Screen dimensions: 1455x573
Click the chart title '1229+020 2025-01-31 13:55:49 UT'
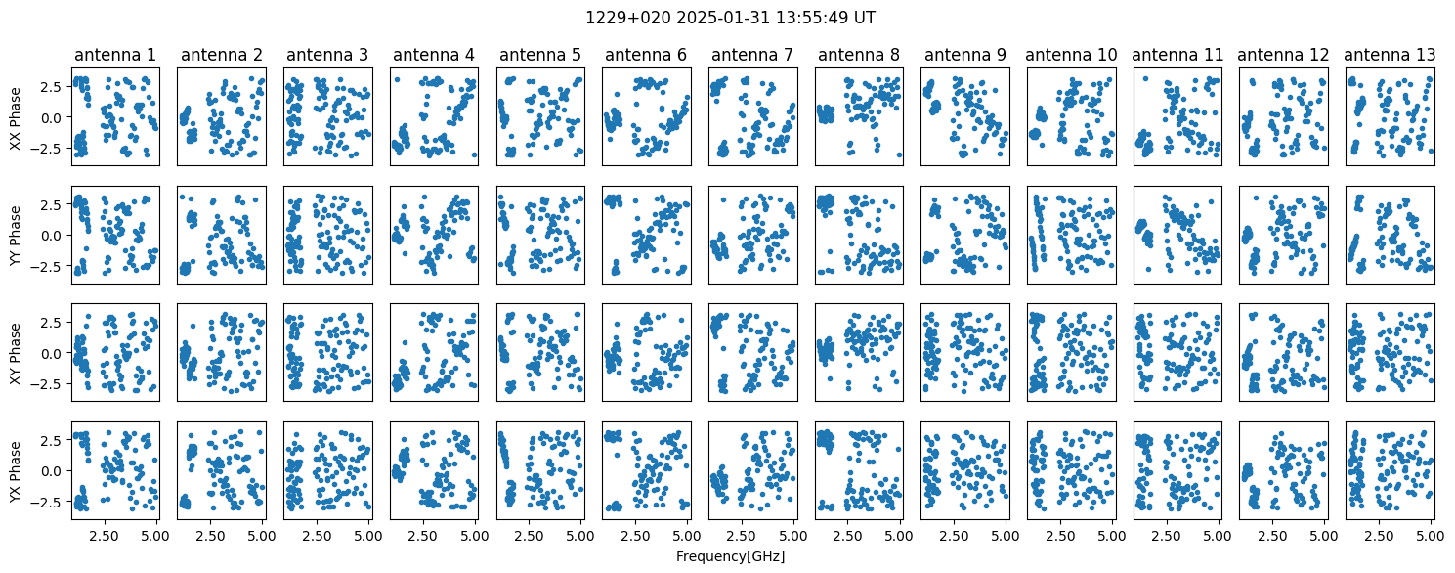pos(730,18)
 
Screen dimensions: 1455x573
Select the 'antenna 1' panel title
pos(115,55)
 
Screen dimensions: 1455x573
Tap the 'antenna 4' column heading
pos(434,55)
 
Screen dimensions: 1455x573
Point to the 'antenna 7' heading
pos(752,55)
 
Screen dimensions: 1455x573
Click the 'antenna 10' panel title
pos(1071,55)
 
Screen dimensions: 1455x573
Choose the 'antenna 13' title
pos(1390,55)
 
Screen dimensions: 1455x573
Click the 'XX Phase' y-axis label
pos(15,117)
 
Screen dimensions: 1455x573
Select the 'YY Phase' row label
pos(15,236)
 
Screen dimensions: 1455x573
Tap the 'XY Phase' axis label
pos(15,353)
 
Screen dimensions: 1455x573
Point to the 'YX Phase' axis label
pos(15,471)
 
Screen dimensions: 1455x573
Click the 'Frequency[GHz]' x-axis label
pos(730,556)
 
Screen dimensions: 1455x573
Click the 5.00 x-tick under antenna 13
pos(1431,536)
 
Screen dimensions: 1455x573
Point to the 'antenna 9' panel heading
pos(964,55)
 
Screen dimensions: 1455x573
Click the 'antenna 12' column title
pos(1284,55)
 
